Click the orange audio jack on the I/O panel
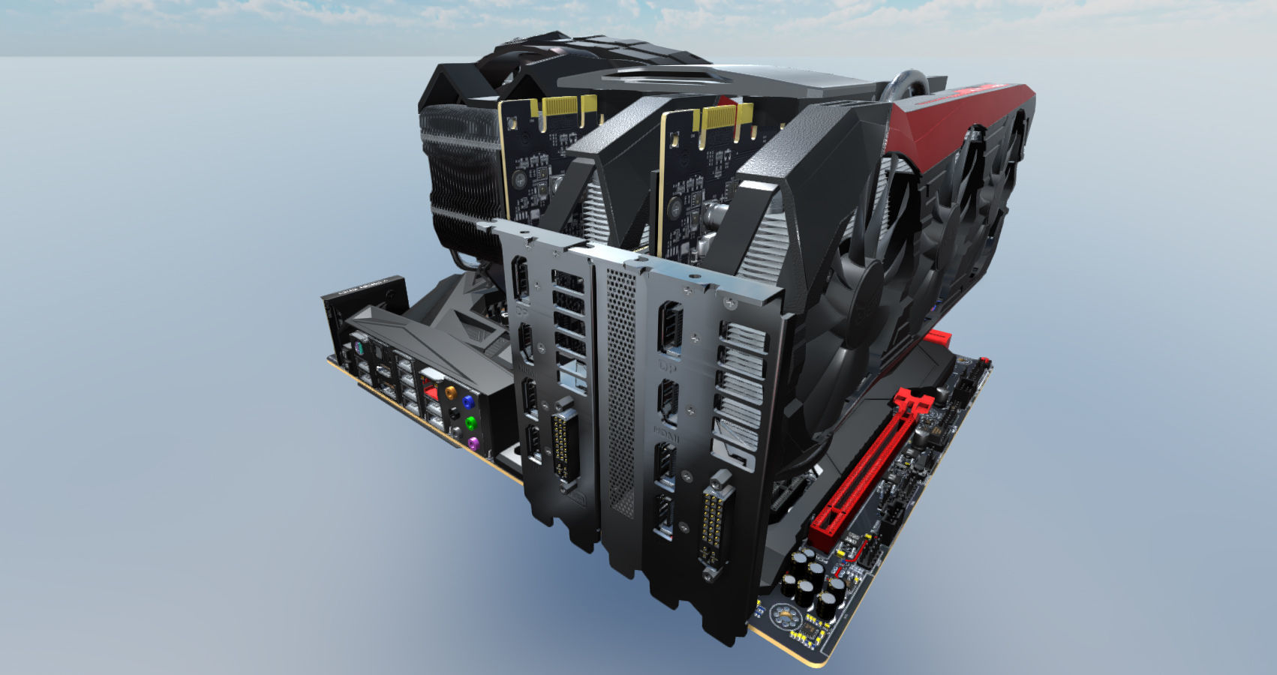pos(449,391)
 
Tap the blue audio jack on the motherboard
pos(469,402)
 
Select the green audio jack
pos(471,423)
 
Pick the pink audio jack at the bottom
pos(473,444)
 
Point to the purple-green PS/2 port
pos(359,349)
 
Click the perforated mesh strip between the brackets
pos(620,390)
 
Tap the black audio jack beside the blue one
pos(453,413)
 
